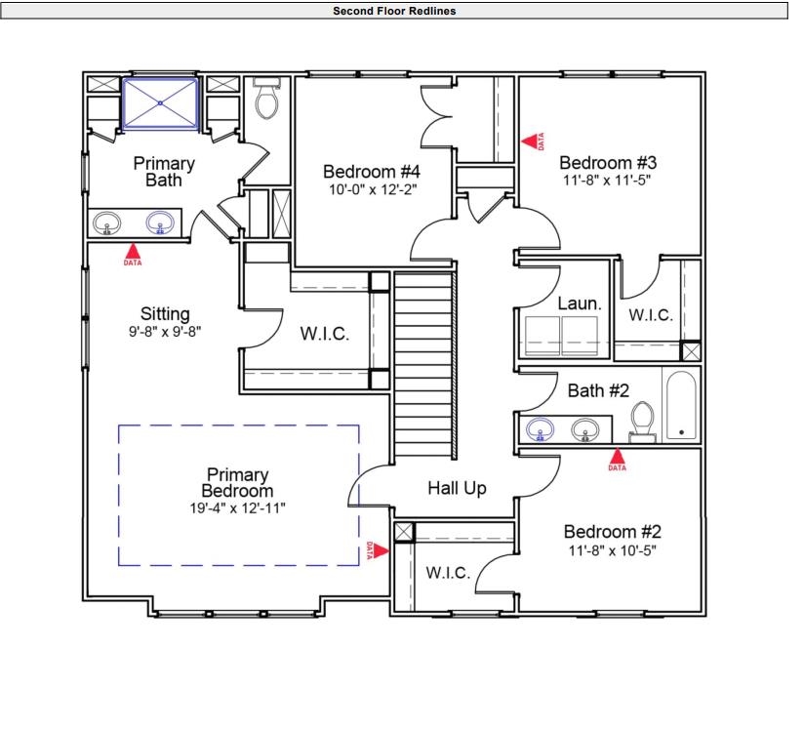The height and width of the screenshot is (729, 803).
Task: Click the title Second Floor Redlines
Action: pyautogui.click(x=394, y=12)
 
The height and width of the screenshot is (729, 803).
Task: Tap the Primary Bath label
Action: pyautogui.click(x=164, y=172)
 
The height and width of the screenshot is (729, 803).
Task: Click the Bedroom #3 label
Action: pyautogui.click(x=608, y=162)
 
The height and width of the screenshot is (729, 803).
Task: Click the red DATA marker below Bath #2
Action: pyautogui.click(x=617, y=456)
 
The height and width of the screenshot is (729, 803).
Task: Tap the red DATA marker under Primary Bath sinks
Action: pyautogui.click(x=132, y=252)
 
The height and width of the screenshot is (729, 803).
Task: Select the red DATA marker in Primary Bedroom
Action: pyautogui.click(x=380, y=550)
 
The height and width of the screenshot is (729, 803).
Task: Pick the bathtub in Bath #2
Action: pyautogui.click(x=681, y=404)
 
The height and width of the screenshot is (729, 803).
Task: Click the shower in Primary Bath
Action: pyautogui.click(x=161, y=104)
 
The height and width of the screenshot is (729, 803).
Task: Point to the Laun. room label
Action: pyautogui.click(x=580, y=304)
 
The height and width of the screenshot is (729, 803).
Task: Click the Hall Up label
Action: pyautogui.click(x=457, y=488)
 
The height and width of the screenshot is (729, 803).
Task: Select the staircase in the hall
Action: pyautogui.click(x=424, y=366)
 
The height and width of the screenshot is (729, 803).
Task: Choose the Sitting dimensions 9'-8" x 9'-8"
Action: pyautogui.click(x=165, y=331)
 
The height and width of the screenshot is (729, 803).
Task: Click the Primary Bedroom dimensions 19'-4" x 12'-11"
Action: pyautogui.click(x=237, y=507)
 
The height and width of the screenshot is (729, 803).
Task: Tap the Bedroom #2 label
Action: pyautogui.click(x=613, y=532)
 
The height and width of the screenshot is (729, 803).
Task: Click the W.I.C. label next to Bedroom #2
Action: pyautogui.click(x=448, y=573)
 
